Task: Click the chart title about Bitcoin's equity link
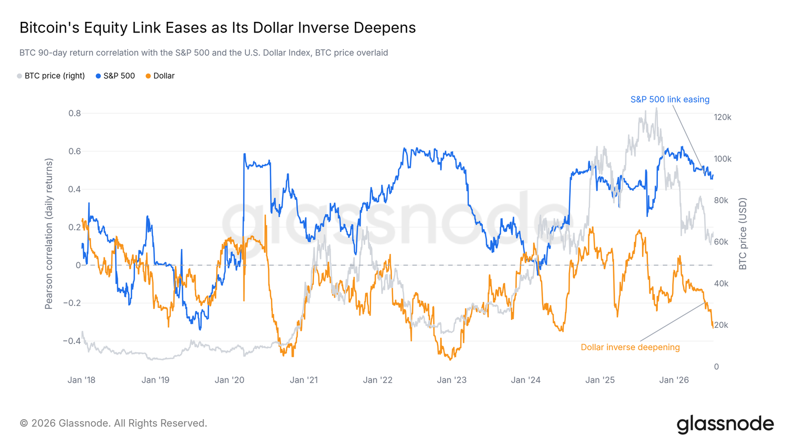(218, 28)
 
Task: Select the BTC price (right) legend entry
(51, 76)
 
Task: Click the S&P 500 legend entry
(115, 76)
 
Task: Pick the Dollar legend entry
(160, 76)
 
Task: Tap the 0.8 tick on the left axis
(75, 113)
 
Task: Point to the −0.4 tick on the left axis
(72, 341)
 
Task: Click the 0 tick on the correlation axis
(79, 265)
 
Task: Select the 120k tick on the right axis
(722, 117)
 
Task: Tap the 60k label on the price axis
(721, 242)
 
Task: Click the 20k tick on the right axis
(721, 325)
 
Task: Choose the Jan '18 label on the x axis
(81, 380)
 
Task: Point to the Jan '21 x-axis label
(304, 380)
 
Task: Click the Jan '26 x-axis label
(674, 380)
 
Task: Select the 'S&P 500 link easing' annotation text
(670, 99)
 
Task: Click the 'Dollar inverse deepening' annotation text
(631, 347)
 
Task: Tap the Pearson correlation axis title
(49, 234)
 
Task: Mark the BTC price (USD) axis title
(743, 234)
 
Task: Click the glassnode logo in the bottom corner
(725, 424)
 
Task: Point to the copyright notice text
(113, 423)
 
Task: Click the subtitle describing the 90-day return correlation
(204, 53)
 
